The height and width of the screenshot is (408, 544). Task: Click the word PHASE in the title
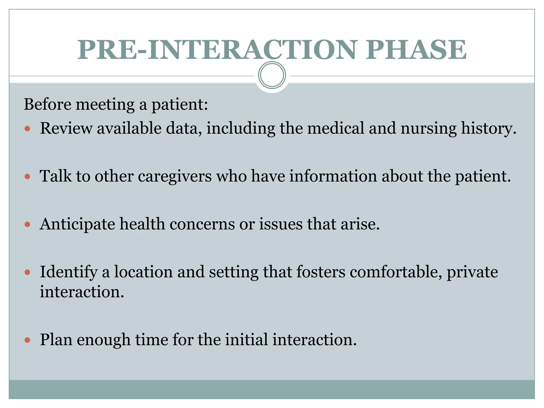(416, 50)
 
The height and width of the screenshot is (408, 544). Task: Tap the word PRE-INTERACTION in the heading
(216, 50)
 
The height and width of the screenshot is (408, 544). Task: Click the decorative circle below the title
(272, 75)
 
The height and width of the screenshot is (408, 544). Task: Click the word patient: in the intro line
(180, 105)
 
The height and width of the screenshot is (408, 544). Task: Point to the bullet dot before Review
(27, 129)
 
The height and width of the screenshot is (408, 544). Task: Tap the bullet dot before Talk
(27, 177)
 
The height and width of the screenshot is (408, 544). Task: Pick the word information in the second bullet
(333, 176)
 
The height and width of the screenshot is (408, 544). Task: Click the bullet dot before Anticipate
(27, 224)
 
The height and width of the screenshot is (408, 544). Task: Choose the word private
(472, 272)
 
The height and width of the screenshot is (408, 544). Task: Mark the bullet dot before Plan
(27, 340)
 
